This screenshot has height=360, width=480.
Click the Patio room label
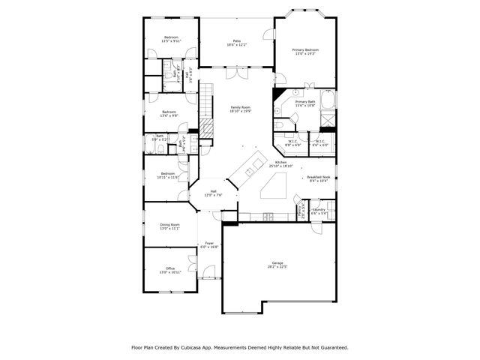point(236,41)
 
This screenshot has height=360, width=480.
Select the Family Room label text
point(240,107)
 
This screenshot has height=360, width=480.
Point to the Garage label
point(277,263)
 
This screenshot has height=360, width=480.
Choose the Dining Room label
point(169,224)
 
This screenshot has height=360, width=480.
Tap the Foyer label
point(211,243)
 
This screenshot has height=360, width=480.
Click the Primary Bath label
point(304,101)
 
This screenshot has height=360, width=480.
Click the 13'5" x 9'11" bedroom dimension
point(171,41)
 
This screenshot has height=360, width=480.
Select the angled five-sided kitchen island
point(275,185)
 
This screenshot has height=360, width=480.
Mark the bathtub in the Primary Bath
point(328,100)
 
